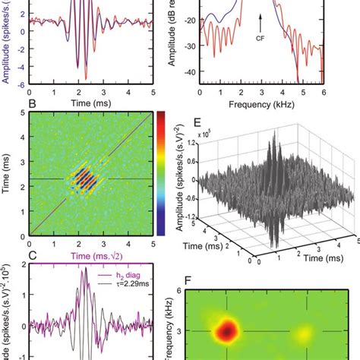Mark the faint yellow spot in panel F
(x=305, y=332)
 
